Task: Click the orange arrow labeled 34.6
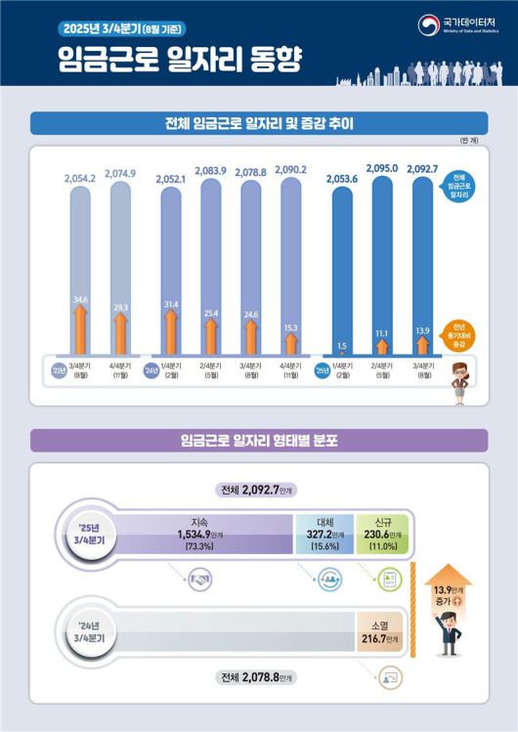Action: (x=79, y=319)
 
